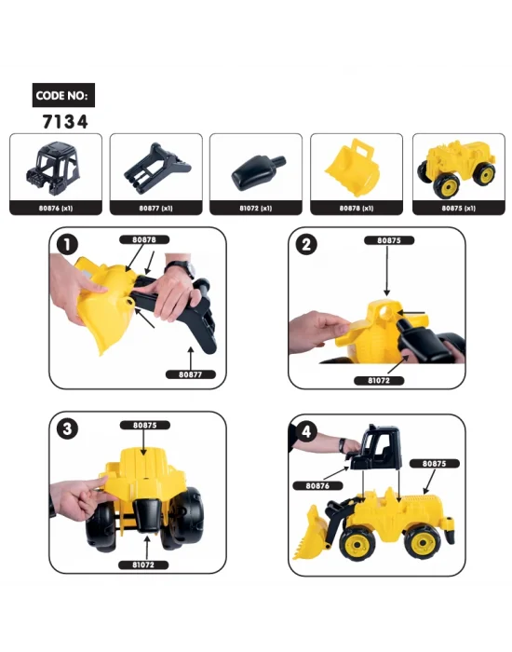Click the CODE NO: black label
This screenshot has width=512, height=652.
coord(62,95)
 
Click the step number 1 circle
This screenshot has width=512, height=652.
coord(67,247)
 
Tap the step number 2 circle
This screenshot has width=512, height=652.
coord(308,247)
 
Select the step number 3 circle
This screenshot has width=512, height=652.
coord(67,431)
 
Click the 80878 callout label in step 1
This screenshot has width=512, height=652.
coord(144,240)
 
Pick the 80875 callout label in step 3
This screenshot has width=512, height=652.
coord(144,425)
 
